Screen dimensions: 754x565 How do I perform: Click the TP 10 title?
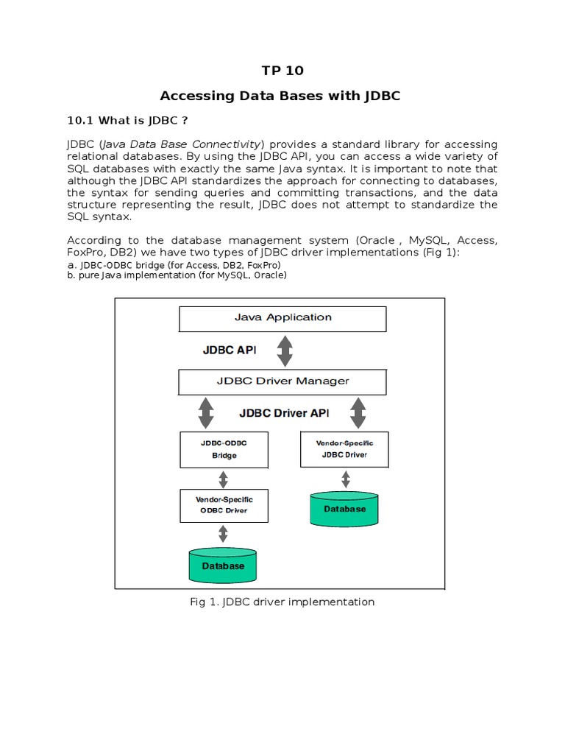pos(282,71)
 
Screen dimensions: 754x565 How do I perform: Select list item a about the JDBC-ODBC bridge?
pos(174,264)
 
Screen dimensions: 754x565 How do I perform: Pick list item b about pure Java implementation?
pos(177,275)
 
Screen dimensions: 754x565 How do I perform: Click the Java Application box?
pos(283,318)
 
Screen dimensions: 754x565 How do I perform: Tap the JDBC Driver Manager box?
pos(283,381)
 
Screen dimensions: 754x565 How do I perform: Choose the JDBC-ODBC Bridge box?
pos(224,449)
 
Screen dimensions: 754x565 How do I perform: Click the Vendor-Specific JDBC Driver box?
pos(344,448)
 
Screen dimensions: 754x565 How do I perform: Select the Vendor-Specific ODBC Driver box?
pos(224,504)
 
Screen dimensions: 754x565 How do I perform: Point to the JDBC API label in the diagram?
pos(230,350)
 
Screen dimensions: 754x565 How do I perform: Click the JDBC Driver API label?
pos(284,413)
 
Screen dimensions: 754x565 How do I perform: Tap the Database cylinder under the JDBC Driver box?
pos(344,510)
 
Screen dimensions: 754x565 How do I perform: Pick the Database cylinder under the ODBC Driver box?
pos(224,565)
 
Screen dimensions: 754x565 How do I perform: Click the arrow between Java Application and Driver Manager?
pos(284,350)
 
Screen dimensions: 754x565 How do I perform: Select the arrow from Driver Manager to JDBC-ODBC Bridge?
pos(206,413)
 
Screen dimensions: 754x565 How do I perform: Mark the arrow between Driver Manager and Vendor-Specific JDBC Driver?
pos(358,413)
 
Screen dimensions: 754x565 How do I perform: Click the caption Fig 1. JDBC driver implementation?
pos(282,602)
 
